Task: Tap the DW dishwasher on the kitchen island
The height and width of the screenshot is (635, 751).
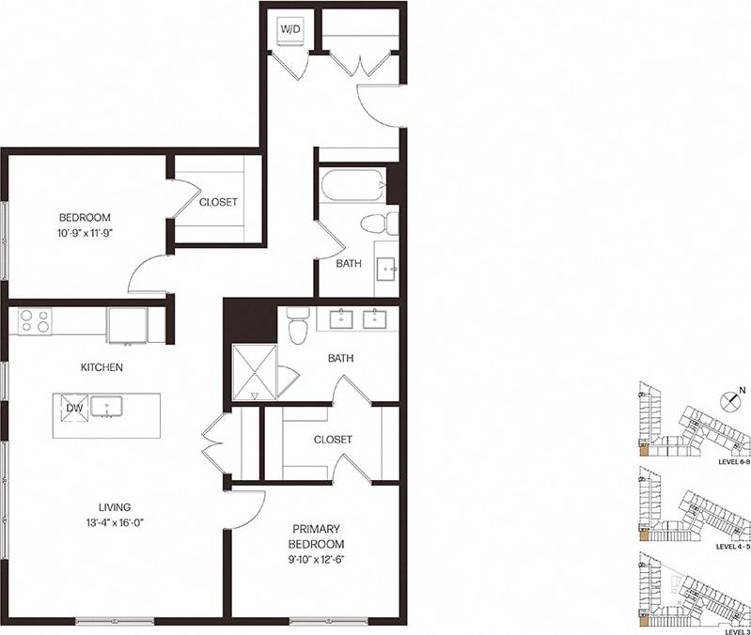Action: [74, 408]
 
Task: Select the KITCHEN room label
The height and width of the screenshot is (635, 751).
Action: [102, 367]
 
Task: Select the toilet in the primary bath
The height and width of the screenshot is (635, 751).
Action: [298, 325]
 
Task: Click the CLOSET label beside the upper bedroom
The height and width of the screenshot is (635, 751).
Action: [218, 202]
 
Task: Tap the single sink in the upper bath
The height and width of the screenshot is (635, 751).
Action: [386, 270]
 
